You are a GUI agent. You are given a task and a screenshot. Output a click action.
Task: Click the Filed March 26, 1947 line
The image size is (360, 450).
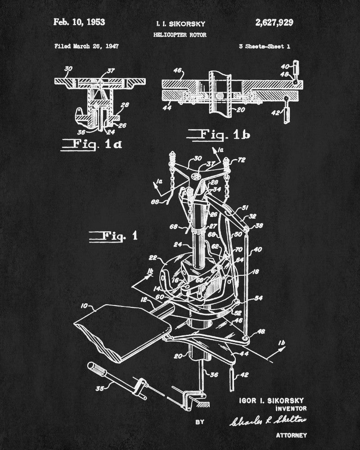click(x=86, y=46)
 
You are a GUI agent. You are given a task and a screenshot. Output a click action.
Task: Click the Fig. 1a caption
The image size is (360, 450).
click(x=91, y=144)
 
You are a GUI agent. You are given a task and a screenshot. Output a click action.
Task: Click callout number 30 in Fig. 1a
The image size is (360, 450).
click(x=68, y=69)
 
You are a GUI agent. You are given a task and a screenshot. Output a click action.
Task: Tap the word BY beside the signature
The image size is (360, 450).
click(x=200, y=422)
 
